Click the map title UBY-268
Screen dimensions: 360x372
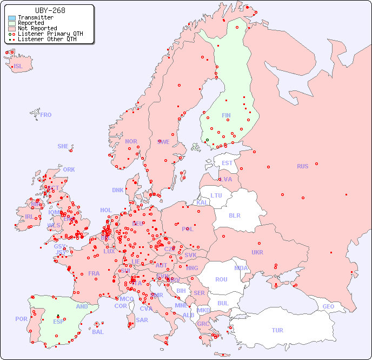(x=50, y=10)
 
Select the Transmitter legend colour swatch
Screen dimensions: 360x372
(x=12, y=18)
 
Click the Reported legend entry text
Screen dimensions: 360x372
(x=31, y=23)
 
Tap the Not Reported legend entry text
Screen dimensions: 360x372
(x=37, y=29)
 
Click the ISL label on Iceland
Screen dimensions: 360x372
(x=18, y=67)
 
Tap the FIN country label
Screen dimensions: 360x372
(x=226, y=115)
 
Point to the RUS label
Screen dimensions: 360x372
(x=302, y=166)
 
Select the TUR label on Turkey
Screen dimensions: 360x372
(x=277, y=330)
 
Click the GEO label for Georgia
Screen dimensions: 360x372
(x=328, y=306)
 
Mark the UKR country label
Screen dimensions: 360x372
(x=257, y=252)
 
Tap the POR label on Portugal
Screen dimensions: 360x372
(x=21, y=319)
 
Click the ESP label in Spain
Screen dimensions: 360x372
(x=58, y=321)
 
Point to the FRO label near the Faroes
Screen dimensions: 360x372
(x=46, y=115)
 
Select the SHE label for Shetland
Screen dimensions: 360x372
(x=63, y=146)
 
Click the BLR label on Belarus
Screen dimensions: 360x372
(x=234, y=215)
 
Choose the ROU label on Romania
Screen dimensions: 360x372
(x=221, y=279)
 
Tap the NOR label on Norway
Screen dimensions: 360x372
(x=131, y=141)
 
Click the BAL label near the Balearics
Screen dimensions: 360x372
(x=98, y=332)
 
